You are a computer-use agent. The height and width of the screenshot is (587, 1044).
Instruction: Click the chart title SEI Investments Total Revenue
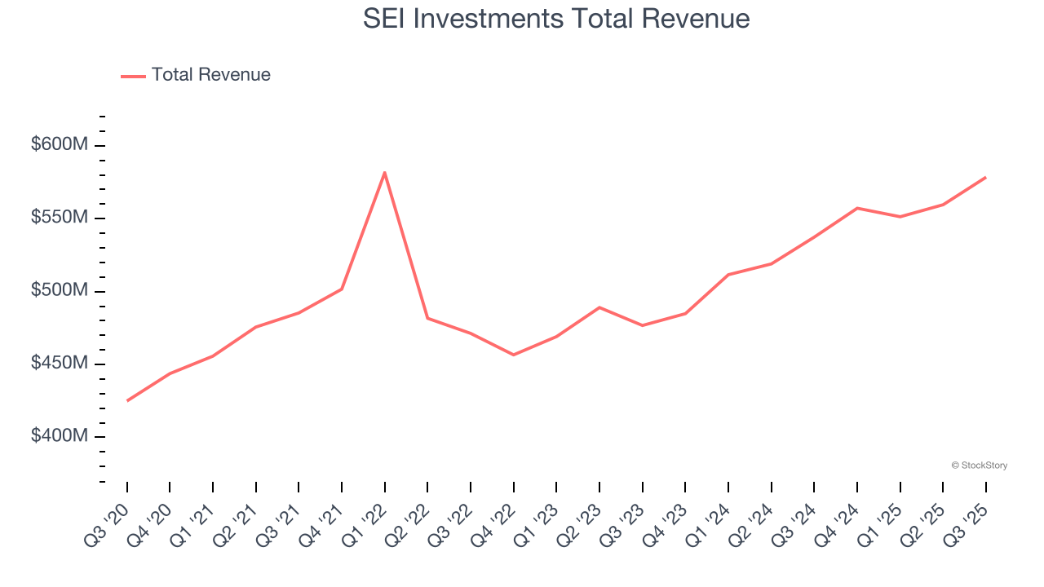pos(556,19)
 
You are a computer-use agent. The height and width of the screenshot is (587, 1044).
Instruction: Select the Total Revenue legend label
pos(210,75)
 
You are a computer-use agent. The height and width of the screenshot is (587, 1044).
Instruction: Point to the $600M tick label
pos(59,145)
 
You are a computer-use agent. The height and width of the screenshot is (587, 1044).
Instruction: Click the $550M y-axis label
pos(59,218)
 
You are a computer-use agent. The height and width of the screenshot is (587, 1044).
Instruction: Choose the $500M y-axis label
pos(59,291)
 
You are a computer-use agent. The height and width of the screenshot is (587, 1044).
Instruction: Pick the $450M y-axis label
pos(59,364)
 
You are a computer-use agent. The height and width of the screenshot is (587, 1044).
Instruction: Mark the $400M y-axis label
pos(59,436)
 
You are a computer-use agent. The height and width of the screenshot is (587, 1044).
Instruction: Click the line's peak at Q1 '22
pos(384,172)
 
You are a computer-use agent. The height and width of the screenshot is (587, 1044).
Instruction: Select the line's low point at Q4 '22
pos(514,355)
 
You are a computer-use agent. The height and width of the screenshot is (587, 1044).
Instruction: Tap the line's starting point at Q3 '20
pos(127,400)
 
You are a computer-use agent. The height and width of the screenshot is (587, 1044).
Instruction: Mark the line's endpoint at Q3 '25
pos(985,177)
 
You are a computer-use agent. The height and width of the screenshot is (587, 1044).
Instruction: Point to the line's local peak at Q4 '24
pos(857,208)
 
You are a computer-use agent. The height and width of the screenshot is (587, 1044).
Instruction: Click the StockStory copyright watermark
pos(979,466)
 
